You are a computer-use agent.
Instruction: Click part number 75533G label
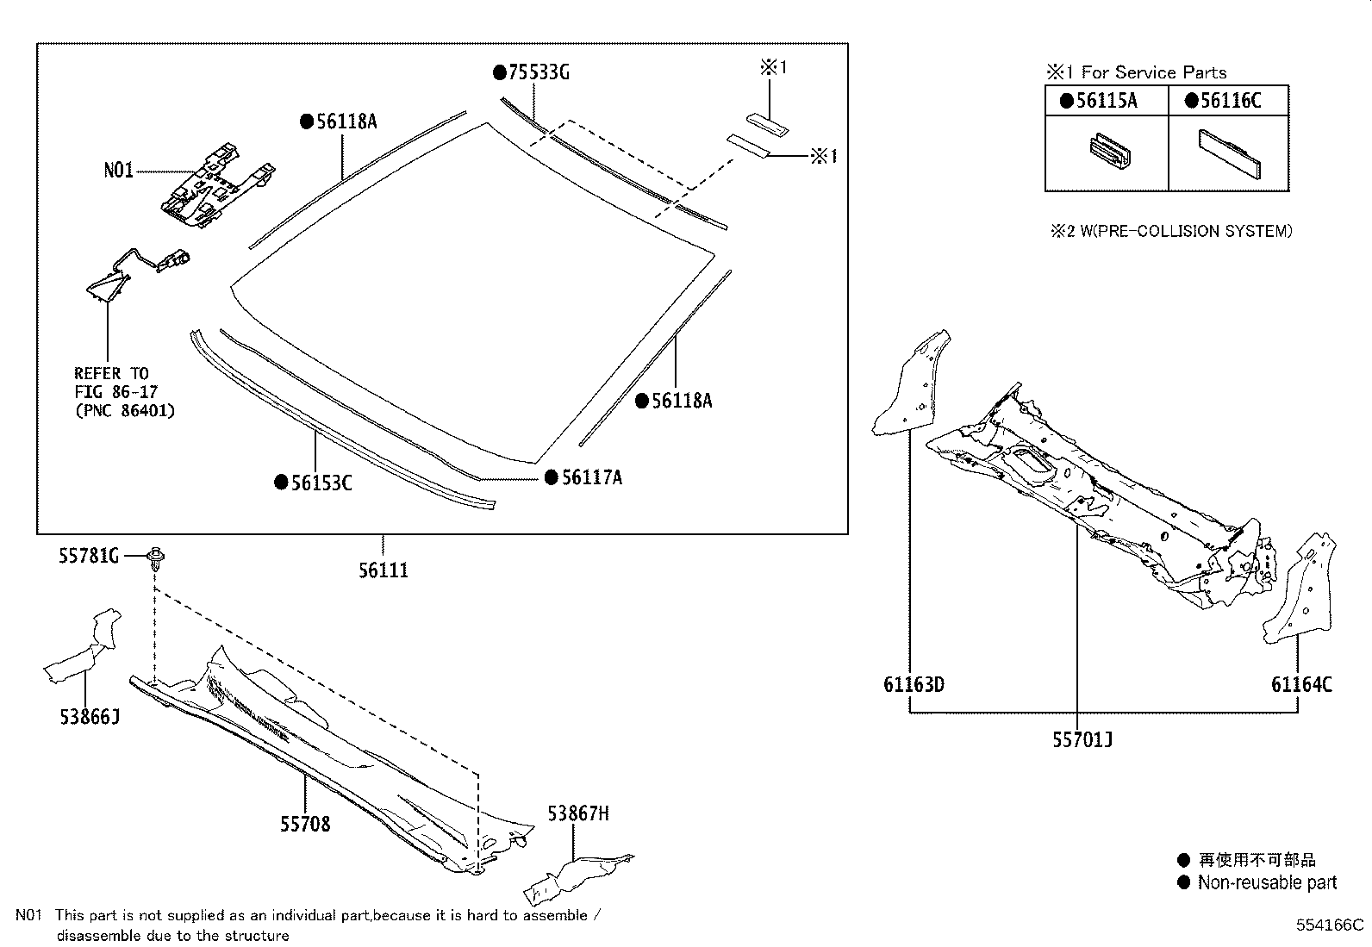pos(538,72)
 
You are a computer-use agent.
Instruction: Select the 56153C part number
pos(321,483)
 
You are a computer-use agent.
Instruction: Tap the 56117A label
pos(591,477)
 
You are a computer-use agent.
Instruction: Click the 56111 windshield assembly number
pos(384,570)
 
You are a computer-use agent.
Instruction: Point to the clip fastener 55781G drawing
pos(156,559)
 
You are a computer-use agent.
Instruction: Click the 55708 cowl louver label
pos(304,824)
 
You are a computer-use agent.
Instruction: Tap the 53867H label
pos(578,813)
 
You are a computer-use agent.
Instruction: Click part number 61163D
pos(914,684)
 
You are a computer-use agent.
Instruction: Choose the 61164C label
pos(1301,684)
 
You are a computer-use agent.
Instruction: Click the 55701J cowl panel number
pos(1082,739)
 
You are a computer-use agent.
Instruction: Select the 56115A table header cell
pos(1107,101)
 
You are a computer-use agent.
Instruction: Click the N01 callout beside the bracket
pos(119,171)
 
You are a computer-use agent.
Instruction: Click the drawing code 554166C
pos(1331,925)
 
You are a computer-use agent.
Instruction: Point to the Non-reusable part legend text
pos(1267,882)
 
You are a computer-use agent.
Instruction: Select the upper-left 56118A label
pos(346,121)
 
